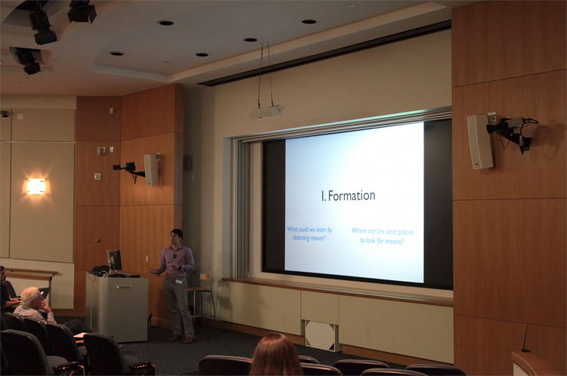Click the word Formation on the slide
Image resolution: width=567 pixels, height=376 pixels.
[352, 196]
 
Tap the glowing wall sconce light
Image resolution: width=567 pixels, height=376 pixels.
[36, 186]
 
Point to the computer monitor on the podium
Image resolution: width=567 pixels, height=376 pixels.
[114, 260]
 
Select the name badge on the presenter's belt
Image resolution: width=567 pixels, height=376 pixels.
[179, 281]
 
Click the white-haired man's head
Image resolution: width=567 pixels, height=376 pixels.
[32, 297]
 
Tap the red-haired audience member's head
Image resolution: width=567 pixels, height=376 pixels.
[275, 355]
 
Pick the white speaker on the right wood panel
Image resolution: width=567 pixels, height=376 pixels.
[480, 142]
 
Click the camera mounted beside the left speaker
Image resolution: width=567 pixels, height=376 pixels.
[126, 168]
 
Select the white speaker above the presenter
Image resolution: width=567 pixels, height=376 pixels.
[151, 169]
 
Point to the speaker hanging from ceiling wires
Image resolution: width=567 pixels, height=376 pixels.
[265, 112]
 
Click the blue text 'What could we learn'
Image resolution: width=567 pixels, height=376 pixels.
[309, 230]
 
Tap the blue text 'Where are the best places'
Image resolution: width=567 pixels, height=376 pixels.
[383, 232]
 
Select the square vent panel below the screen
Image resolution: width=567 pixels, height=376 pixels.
[323, 334]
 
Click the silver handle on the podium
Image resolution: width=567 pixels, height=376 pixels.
[124, 287]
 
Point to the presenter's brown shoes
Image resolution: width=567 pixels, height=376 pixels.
[181, 339]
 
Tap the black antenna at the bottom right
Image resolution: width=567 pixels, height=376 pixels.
[525, 339]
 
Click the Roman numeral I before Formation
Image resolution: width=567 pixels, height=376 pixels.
[323, 196]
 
